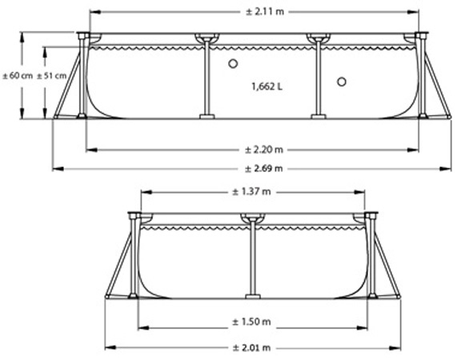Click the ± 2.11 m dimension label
265,12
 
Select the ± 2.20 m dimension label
264,150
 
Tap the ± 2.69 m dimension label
264,169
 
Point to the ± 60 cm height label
18,76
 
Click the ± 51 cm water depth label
51,76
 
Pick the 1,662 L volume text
267,86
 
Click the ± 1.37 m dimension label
251,192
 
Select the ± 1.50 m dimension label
251,322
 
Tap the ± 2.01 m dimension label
251,347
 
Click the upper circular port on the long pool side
233,63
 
